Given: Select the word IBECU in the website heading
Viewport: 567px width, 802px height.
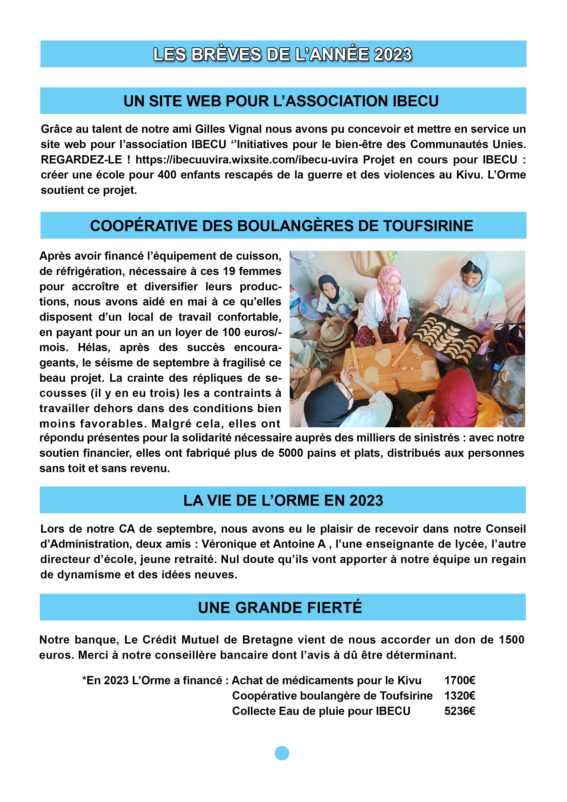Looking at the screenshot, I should click(x=415, y=101).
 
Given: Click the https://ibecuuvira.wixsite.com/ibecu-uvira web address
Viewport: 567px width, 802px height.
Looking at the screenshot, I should click(x=247, y=160).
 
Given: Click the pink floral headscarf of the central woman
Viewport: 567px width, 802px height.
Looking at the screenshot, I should click(x=390, y=286).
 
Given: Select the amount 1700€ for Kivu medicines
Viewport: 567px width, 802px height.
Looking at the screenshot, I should click(x=459, y=680).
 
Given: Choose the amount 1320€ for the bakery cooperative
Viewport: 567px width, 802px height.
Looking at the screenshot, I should click(x=459, y=696).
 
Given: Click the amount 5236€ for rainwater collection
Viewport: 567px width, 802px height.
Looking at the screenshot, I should click(x=459, y=711).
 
